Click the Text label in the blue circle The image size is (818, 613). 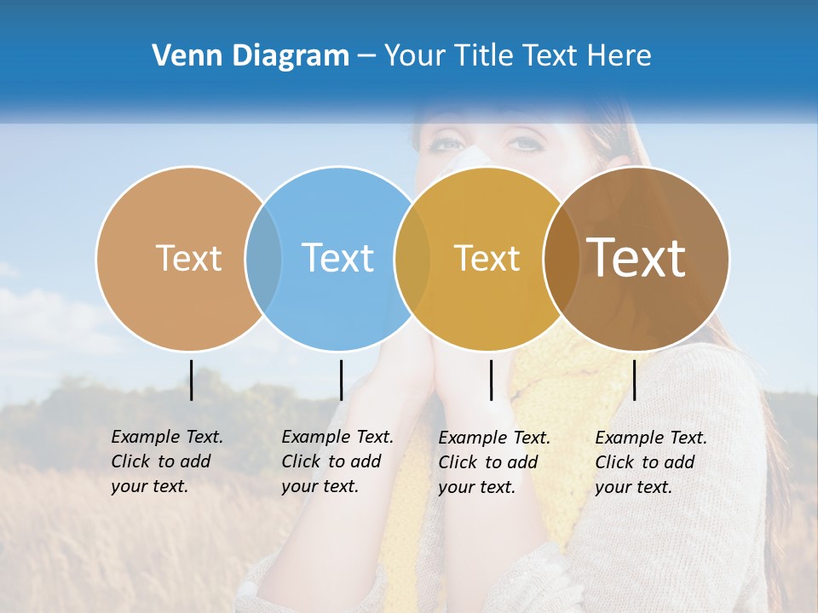point(337,258)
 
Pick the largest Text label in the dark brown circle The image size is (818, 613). point(637,258)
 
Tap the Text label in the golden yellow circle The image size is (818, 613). point(487,258)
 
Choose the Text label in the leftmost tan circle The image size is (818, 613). point(188,258)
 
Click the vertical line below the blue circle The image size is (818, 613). point(341,380)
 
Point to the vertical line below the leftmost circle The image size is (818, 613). point(192,380)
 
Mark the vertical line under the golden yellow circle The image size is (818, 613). point(492,380)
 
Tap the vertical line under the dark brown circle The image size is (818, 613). point(634,380)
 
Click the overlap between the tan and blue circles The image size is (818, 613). point(263,259)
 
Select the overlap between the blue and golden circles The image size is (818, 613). point(412,259)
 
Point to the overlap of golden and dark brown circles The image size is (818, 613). point(561,259)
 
